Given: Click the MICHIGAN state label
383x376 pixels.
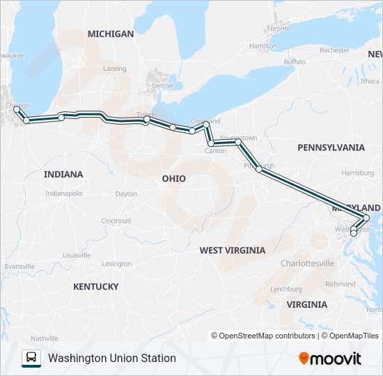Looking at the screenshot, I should pos(111,33).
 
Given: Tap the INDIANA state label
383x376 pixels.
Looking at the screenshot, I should pos(63,174).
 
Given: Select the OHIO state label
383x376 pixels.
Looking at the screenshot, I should pos(174,178).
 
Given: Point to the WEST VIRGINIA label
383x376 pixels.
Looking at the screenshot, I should pos(232,250).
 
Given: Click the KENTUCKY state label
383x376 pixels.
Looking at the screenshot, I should pos(95,286).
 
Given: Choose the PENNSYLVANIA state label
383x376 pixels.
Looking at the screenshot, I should pos(331,148).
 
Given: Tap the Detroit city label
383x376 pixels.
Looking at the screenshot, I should pos(162,86).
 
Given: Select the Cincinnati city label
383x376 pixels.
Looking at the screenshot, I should pos(116,221).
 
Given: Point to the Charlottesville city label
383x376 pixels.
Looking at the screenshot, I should pos(307,263).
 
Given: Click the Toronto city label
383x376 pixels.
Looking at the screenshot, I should pos(279,29).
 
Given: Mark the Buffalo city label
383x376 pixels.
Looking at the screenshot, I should pos(294,62).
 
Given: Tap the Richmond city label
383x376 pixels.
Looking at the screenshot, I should pos(341,284).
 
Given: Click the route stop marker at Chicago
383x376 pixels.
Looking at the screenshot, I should pos(17,109).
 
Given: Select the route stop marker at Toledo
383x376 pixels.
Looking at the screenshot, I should pos(146,120).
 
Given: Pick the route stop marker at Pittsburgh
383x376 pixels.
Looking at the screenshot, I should pos(259,169).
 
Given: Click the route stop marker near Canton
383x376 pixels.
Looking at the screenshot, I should pos(211,143).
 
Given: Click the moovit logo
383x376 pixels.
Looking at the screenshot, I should pos(330,359).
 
